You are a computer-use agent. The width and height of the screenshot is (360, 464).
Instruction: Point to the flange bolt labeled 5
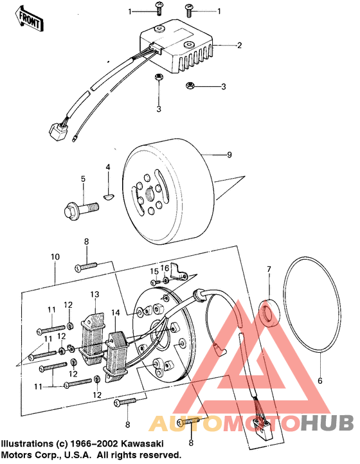[x=80, y=208]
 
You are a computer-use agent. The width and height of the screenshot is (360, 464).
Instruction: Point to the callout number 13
[x=94, y=294]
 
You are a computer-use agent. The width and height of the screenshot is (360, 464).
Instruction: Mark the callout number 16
[x=165, y=267]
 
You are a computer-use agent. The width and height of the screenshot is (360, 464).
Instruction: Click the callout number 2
[x=239, y=46]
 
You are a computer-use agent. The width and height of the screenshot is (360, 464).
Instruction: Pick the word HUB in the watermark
[x=327, y=422]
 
